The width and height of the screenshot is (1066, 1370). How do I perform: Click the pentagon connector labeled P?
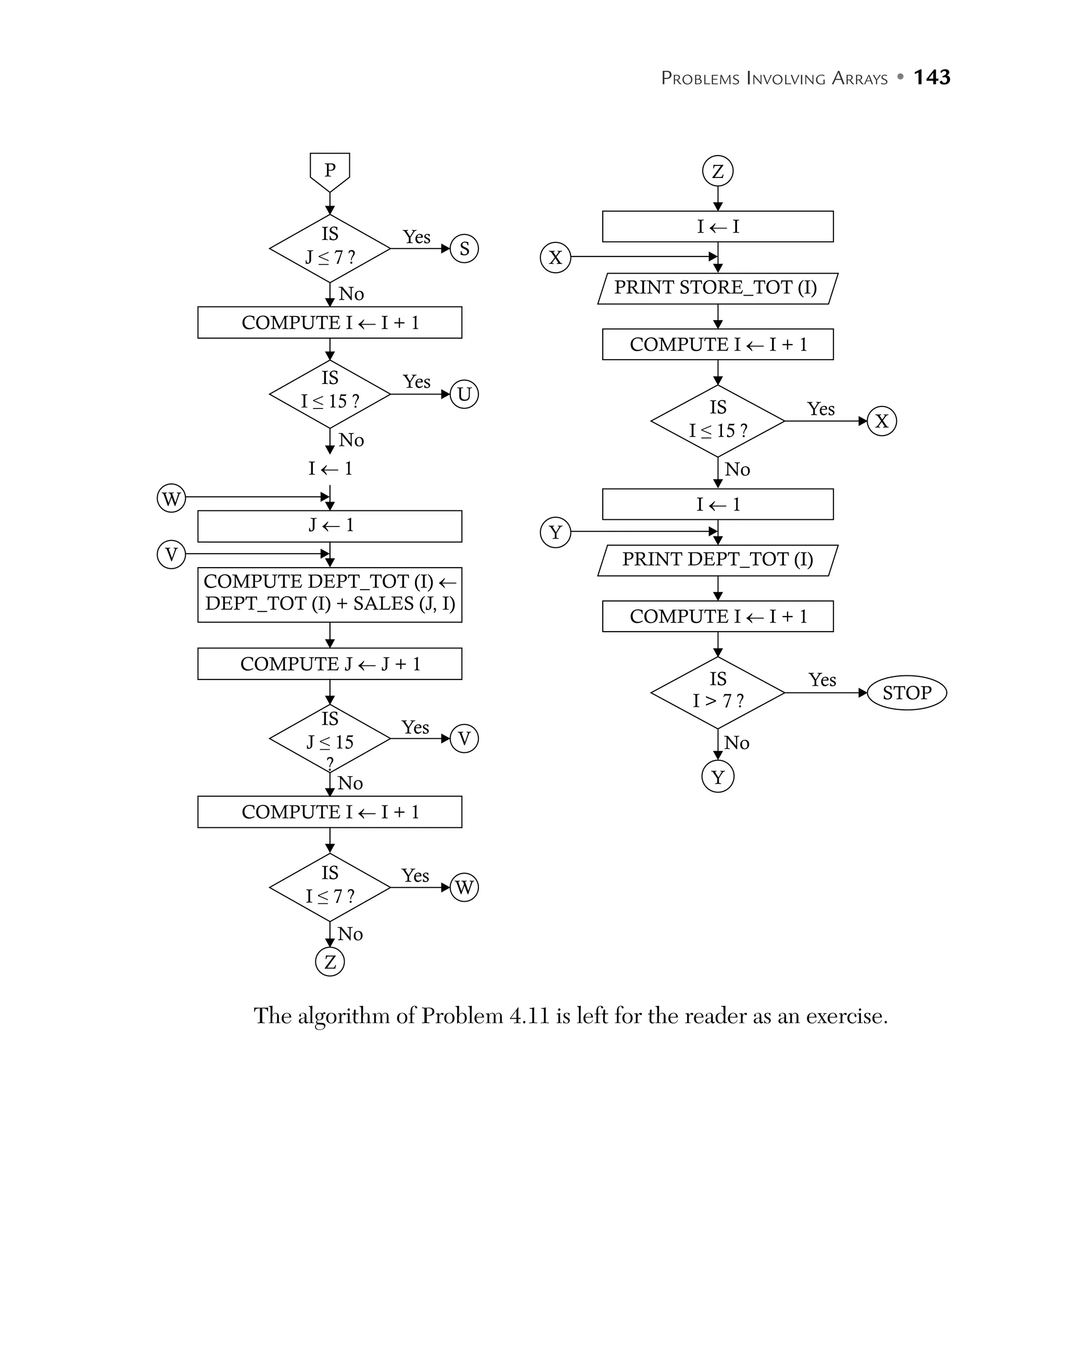pos(329,171)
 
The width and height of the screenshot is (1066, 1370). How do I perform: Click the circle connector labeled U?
pos(464,394)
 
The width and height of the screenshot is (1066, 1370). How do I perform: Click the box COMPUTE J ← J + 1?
pos(329,664)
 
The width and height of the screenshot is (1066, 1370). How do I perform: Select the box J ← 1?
pos(329,526)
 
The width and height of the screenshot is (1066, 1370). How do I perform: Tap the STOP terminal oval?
pos(906,693)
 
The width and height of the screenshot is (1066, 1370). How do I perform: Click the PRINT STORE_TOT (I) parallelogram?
pos(717,288)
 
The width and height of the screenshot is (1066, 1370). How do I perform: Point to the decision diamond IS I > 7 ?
pos(717,693)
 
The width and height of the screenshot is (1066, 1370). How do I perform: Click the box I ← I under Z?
pos(717,226)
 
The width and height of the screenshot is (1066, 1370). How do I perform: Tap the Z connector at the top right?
pos(717,171)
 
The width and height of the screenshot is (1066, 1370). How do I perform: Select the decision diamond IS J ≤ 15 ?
pos(329,739)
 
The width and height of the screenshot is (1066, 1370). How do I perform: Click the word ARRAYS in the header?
pos(859,79)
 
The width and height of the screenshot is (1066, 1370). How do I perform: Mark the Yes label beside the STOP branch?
pos(821,680)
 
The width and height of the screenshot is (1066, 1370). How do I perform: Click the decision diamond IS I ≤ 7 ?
pos(329,887)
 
